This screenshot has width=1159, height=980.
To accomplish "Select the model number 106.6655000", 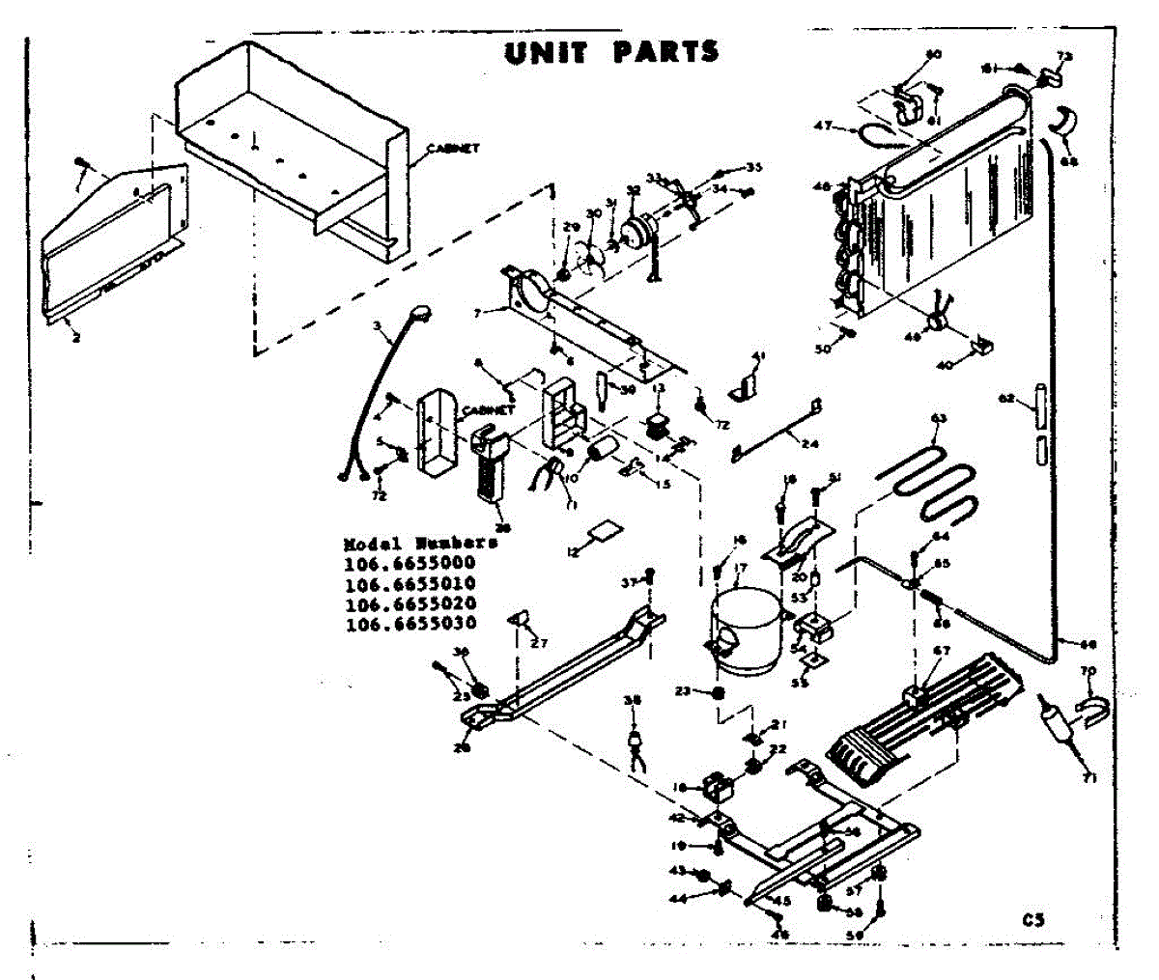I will click(x=410, y=564).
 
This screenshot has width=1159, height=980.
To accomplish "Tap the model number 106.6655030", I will click(x=410, y=625).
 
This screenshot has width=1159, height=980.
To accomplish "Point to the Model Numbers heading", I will click(x=421, y=544).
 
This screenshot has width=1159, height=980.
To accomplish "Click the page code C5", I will click(x=1034, y=919).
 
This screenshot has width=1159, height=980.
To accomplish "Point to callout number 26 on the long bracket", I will click(x=463, y=746).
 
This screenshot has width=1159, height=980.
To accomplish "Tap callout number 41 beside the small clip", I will click(x=758, y=357).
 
